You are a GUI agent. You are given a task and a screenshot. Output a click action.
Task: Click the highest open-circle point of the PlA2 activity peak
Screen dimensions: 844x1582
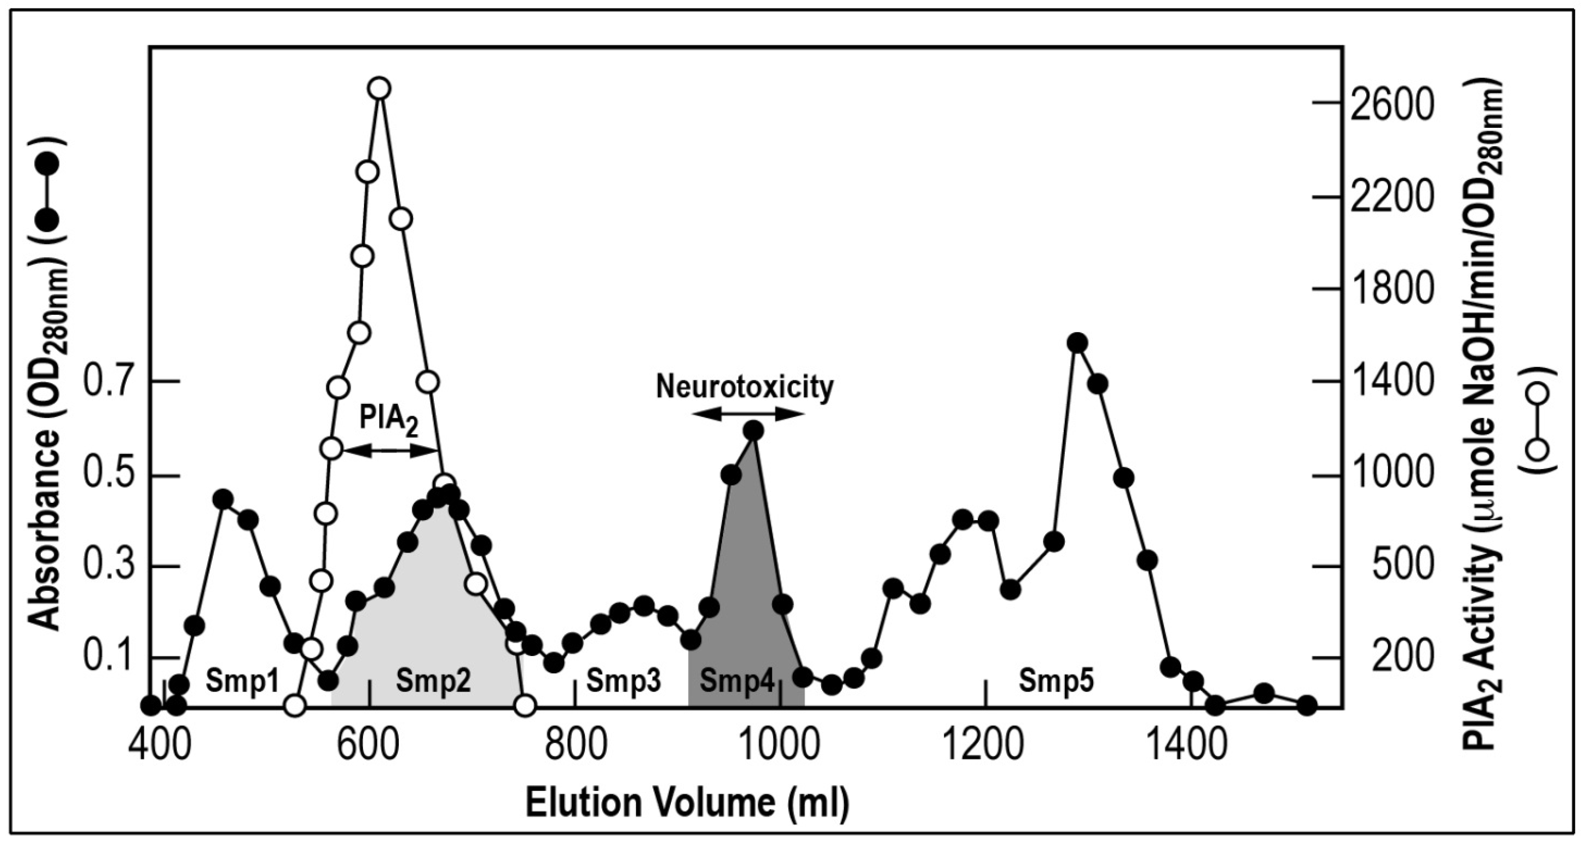click(x=379, y=89)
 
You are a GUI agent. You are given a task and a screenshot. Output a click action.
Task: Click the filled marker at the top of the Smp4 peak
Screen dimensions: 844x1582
click(x=753, y=431)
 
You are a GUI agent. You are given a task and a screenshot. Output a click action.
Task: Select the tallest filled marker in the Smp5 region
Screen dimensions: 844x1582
click(x=1077, y=343)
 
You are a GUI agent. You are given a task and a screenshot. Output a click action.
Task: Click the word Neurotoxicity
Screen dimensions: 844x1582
click(x=745, y=387)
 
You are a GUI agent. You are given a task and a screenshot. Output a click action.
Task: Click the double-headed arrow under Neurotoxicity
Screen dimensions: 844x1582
click(x=748, y=415)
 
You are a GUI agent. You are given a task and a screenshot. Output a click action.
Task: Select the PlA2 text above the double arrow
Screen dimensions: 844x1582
click(x=388, y=420)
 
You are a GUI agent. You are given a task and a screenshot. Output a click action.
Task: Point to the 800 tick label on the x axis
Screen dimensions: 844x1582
click(x=575, y=745)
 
